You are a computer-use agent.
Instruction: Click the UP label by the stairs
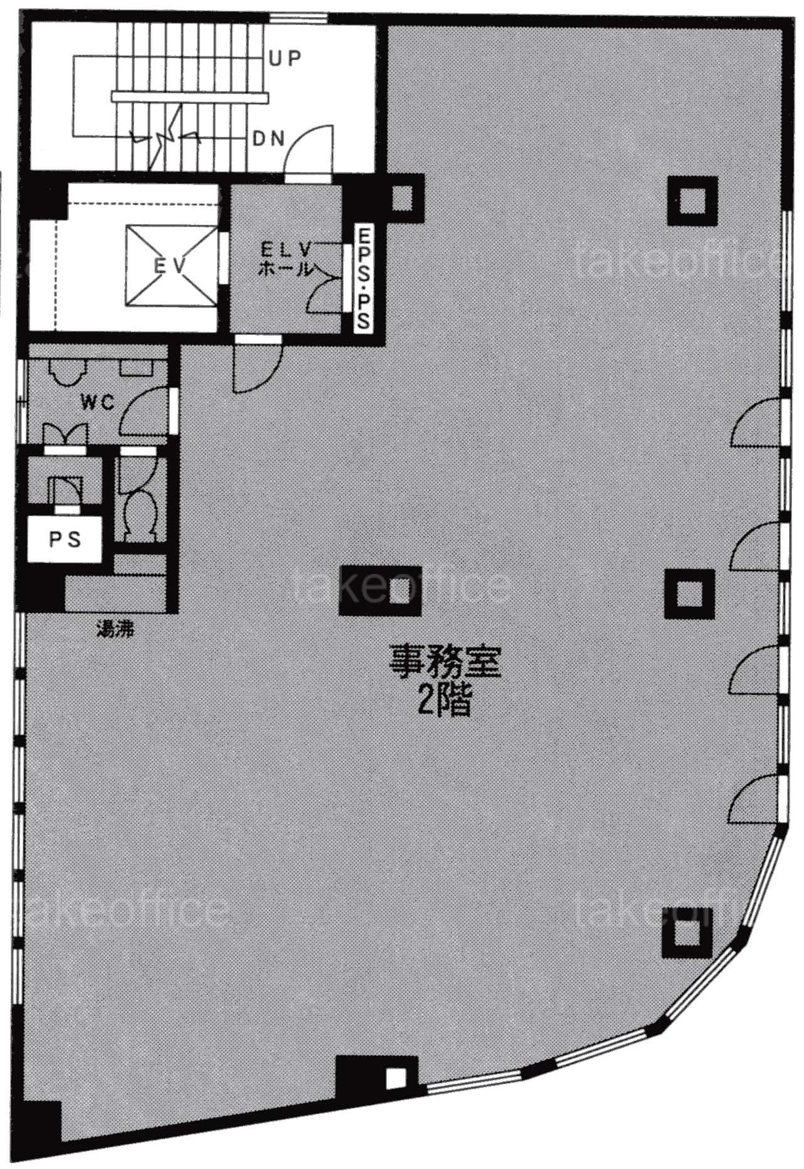click(x=285, y=58)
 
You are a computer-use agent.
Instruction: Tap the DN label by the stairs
click(x=269, y=139)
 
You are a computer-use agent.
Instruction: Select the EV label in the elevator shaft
click(x=170, y=266)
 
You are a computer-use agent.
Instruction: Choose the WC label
click(x=98, y=402)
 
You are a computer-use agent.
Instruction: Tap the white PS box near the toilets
click(x=65, y=539)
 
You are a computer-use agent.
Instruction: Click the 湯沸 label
click(x=115, y=629)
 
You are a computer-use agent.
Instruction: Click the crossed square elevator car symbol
click(x=170, y=266)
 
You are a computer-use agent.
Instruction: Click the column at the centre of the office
click(x=380, y=590)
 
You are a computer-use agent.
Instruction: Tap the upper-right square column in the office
click(x=692, y=200)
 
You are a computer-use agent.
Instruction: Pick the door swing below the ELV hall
click(x=257, y=365)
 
